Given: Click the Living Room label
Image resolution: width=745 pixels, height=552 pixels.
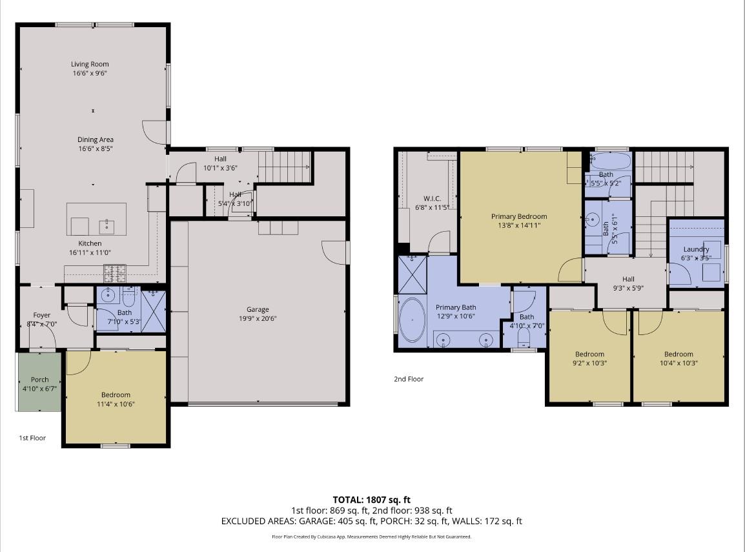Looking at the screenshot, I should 90,64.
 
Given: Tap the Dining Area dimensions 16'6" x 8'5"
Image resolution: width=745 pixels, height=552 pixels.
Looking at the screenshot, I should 96,148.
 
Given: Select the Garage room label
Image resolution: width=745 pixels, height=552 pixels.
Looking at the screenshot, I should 258,309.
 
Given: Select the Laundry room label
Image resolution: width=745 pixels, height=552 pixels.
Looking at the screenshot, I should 696,249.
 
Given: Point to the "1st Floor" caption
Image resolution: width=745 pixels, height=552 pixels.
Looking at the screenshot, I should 32,438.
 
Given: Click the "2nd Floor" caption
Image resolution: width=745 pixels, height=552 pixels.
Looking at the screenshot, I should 409,379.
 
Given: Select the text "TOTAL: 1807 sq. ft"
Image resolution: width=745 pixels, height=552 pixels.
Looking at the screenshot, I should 371,499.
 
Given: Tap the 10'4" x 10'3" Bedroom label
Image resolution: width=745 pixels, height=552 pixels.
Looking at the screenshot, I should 679,354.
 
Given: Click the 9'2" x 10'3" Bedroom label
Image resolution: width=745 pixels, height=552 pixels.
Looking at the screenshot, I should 589,354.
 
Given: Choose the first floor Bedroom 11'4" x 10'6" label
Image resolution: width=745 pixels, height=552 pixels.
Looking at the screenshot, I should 116,394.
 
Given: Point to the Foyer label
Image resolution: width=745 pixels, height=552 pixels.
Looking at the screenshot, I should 41,315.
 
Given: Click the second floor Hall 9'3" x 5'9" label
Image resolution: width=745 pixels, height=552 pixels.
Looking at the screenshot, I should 628,279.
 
